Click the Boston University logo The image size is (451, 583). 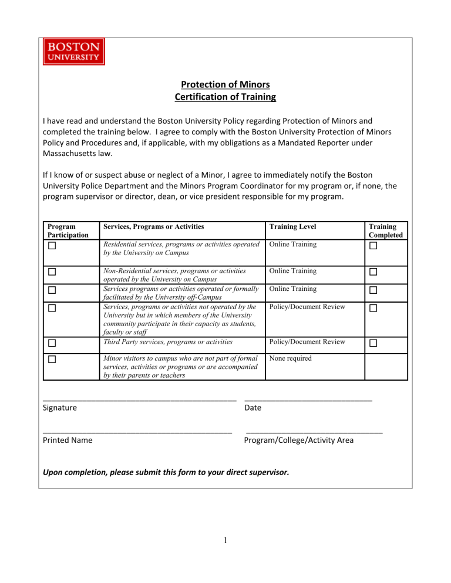tap(73, 52)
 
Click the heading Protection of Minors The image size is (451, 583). tap(225, 84)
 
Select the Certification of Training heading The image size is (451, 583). tap(225, 97)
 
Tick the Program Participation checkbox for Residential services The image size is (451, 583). tap(52, 246)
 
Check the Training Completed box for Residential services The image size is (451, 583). tap(373, 246)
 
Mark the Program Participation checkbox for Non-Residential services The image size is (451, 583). tap(52, 272)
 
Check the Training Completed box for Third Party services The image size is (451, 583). tap(373, 343)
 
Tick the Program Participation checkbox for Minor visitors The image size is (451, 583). tap(52, 360)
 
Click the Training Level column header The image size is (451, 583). tap(291, 226)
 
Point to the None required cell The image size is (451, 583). tap(292, 358)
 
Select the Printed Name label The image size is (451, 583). tap(68, 440)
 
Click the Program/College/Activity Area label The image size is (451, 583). tap(299, 440)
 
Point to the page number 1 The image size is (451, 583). tap(225, 542)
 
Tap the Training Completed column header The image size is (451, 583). tap(386, 230)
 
